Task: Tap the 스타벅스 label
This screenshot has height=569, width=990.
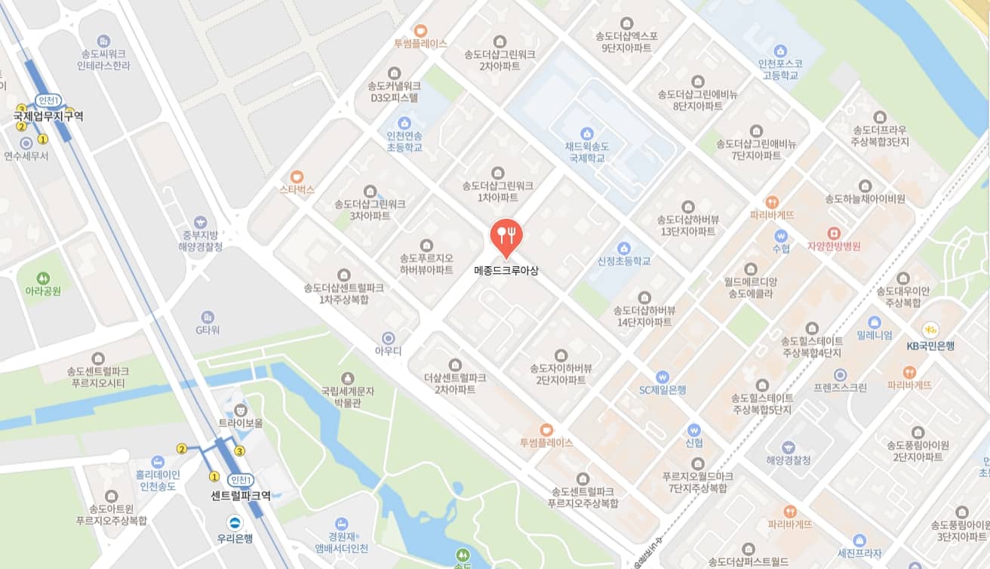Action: pyautogui.click(x=297, y=189)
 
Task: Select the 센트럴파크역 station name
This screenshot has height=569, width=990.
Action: pyautogui.click(x=241, y=496)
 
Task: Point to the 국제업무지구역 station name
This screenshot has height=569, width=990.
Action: pyautogui.click(x=48, y=117)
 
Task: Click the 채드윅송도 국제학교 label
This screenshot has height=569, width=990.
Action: pyautogui.click(x=588, y=153)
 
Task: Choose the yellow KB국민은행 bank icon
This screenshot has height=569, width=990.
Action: pyautogui.click(x=930, y=329)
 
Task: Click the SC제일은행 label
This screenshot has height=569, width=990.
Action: pyautogui.click(x=662, y=390)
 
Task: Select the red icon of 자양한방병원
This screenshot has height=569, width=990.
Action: pyautogui.click(x=834, y=232)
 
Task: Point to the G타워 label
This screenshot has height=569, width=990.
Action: pyautogui.click(x=208, y=330)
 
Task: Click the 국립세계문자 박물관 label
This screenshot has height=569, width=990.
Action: pyautogui.click(x=348, y=396)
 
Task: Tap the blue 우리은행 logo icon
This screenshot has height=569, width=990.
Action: pyautogui.click(x=235, y=522)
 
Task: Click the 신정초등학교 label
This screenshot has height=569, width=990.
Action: pyautogui.click(x=623, y=261)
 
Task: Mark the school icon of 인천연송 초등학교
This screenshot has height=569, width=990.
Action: pyautogui.click(x=404, y=122)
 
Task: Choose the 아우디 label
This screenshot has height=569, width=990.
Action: pyautogui.click(x=389, y=351)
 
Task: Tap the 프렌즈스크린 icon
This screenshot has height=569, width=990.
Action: pyautogui.click(x=840, y=375)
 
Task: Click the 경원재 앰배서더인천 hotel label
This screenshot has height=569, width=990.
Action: pyautogui.click(x=342, y=542)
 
